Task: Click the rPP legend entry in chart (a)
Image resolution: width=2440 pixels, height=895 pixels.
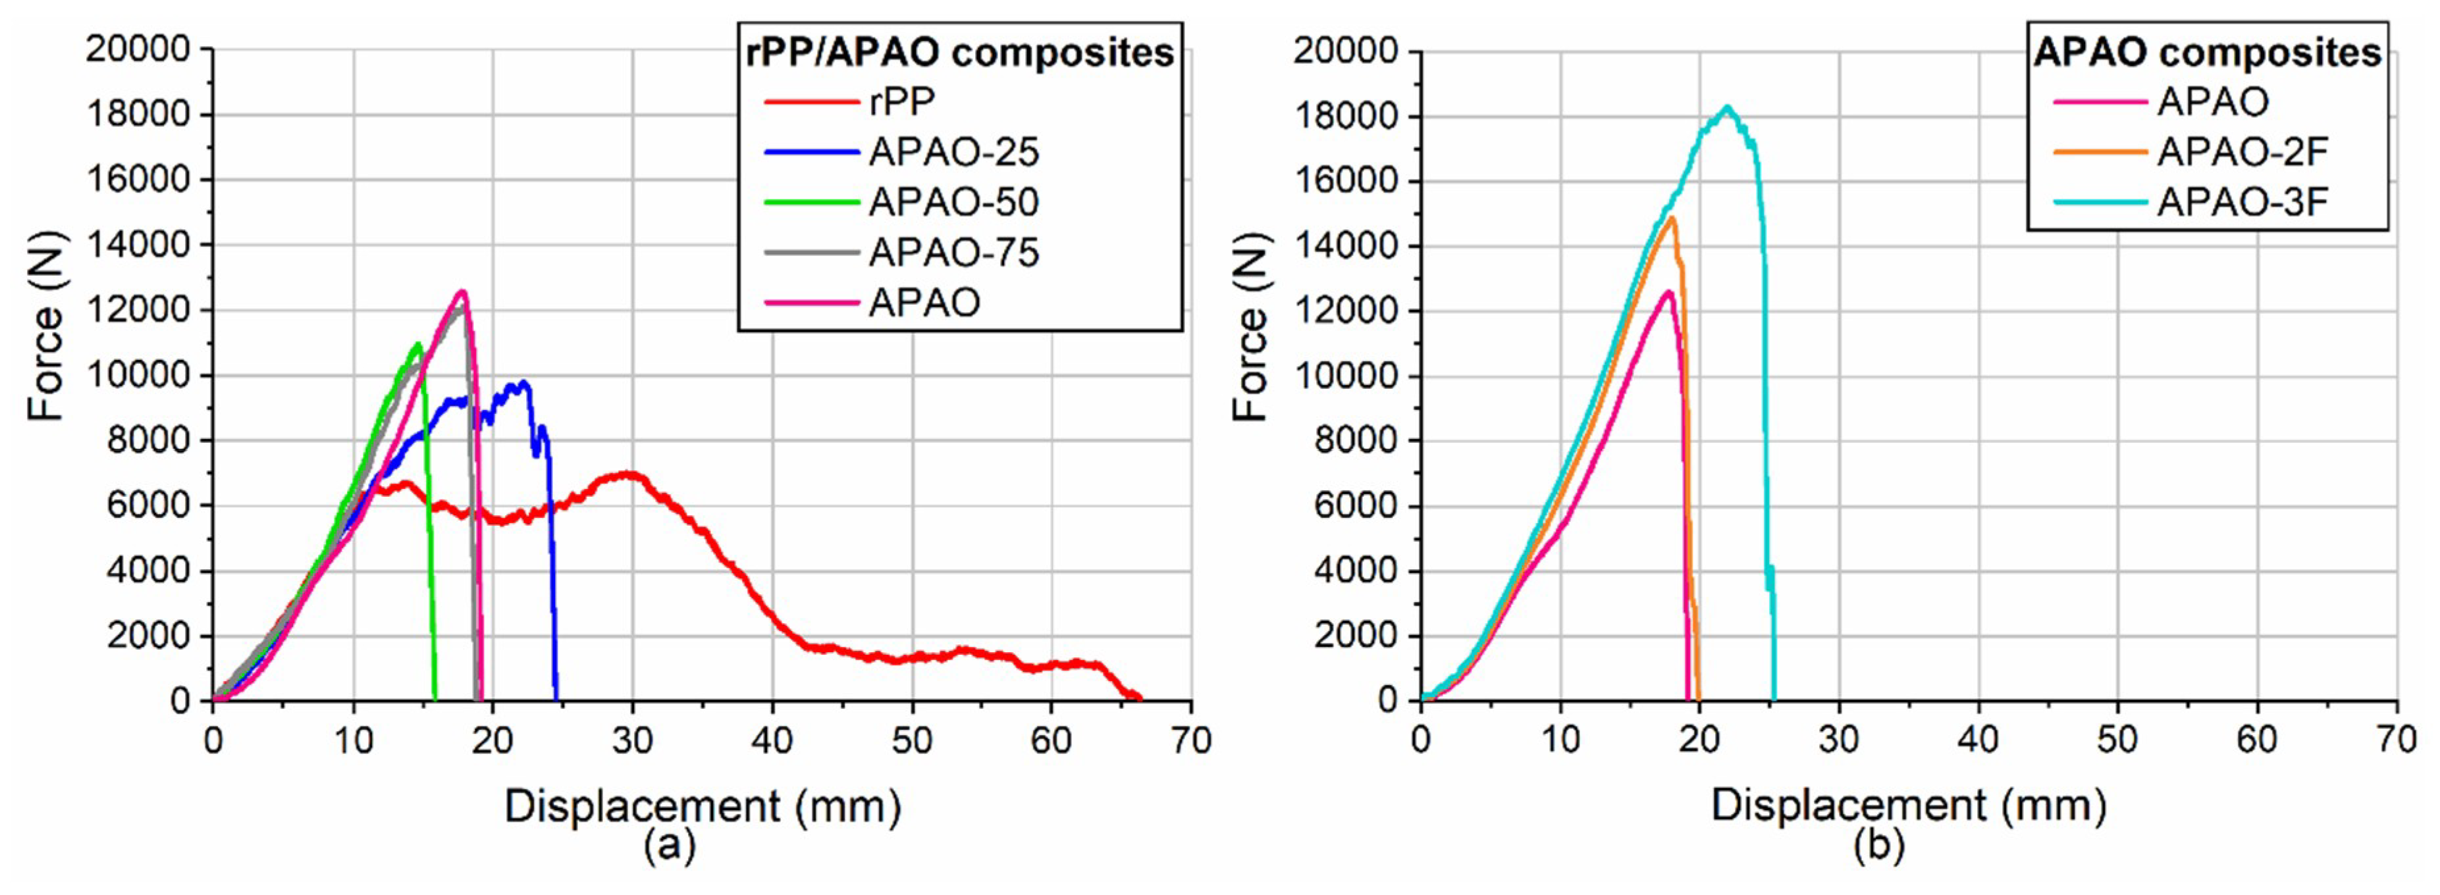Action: point(901,101)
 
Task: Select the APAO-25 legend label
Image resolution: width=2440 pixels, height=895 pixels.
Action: point(953,151)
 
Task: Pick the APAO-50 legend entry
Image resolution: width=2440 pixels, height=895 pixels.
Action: point(953,202)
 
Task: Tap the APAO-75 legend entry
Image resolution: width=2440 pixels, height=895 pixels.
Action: point(953,252)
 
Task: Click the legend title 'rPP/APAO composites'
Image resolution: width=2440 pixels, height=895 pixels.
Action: point(959,52)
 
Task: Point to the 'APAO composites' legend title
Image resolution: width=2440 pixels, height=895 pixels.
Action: point(2207,52)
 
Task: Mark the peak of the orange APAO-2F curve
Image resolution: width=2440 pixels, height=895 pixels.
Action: point(1672,218)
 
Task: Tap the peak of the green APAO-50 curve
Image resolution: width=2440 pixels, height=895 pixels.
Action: point(417,344)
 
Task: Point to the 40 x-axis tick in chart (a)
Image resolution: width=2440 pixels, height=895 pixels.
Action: point(772,740)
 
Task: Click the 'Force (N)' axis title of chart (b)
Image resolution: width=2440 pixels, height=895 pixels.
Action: point(1251,327)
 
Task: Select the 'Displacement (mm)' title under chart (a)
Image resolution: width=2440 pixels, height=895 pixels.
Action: point(702,806)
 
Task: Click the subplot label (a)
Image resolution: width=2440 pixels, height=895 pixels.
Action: point(669,844)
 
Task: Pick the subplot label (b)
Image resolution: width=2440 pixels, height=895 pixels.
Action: point(1877,844)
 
